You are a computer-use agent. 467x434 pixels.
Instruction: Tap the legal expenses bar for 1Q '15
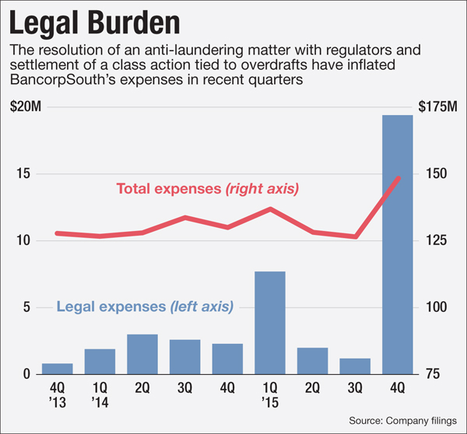tap(270, 323)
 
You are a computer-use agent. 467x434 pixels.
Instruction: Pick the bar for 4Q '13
tap(58, 369)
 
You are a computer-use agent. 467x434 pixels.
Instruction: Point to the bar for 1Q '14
tap(100, 362)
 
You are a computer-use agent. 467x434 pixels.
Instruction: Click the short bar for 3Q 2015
tap(355, 366)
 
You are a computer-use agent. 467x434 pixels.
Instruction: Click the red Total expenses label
tap(208, 188)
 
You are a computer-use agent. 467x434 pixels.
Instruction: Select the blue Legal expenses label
tap(145, 306)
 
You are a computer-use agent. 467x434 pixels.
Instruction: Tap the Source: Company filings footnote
tap(398, 420)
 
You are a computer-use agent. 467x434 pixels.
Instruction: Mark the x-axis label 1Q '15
tap(270, 395)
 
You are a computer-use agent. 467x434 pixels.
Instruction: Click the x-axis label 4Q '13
tap(58, 395)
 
